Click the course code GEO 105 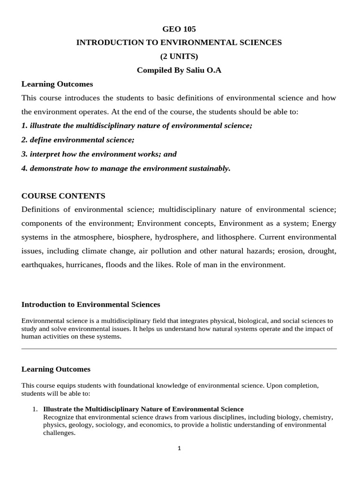(x=179, y=29)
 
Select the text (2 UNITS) (x=179, y=56)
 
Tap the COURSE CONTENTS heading (x=63, y=195)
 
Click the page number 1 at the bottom (x=179, y=448)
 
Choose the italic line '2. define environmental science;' (x=78, y=140)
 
